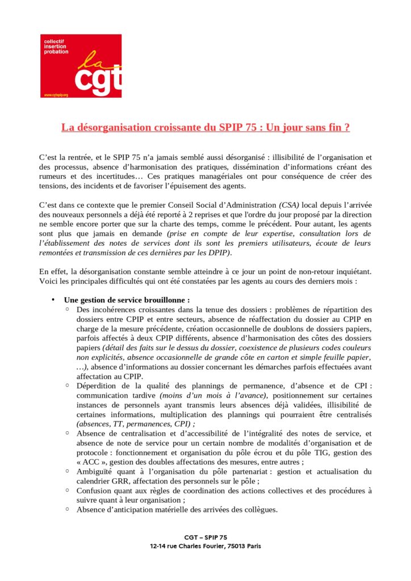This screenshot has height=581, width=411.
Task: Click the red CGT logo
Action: click(x=81, y=66)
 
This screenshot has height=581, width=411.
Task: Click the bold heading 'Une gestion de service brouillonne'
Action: click(x=127, y=300)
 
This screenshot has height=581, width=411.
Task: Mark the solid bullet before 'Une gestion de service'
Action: click(x=52, y=300)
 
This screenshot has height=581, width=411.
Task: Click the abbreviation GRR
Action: click(x=115, y=481)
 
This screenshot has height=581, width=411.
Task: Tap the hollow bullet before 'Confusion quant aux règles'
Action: click(x=68, y=490)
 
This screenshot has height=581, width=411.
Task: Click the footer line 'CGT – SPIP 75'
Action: click(x=205, y=537)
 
